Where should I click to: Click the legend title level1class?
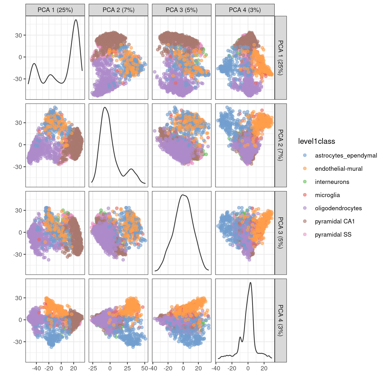(316, 141)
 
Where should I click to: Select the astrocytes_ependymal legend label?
(346, 156)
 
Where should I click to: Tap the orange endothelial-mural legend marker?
(305, 168)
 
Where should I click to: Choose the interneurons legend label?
(332, 182)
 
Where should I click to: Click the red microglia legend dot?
(305, 195)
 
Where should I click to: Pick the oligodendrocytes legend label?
(338, 208)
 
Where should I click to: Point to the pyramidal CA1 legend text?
(335, 221)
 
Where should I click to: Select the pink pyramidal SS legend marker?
(305, 234)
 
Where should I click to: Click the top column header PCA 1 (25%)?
(55, 10)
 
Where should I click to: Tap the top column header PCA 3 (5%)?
(182, 10)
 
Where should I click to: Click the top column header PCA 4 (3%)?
(245, 10)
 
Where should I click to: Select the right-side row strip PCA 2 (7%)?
(281, 145)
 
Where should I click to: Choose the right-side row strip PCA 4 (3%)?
(281, 320)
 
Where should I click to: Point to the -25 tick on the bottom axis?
(93, 368)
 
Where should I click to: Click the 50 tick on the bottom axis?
(145, 368)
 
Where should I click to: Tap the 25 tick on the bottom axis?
(127, 368)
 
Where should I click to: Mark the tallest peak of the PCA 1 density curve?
(76, 20)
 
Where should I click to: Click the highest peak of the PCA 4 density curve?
(251, 282)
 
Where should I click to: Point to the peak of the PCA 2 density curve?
(105, 107)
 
